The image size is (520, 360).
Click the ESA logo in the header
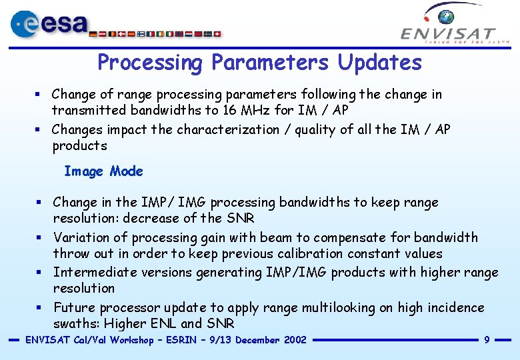coord(50,24)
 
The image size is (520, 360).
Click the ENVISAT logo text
coord(448,33)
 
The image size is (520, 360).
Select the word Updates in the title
coord(379,63)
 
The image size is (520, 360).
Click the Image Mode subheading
coord(103,171)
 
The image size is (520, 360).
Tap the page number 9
coord(487,340)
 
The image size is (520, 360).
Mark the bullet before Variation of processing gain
coord(39,237)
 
